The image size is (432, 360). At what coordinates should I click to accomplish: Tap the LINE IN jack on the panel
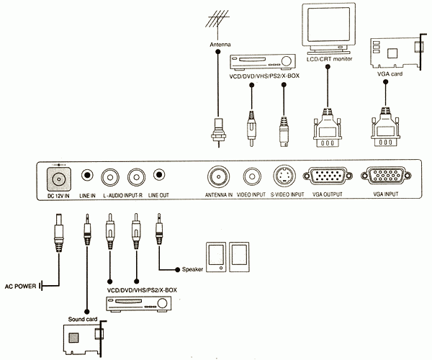(x=87, y=175)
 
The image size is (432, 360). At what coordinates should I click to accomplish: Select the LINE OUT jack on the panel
(x=158, y=175)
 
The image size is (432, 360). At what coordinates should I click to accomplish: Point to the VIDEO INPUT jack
(x=252, y=176)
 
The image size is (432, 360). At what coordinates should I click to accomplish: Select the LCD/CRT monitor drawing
(x=328, y=27)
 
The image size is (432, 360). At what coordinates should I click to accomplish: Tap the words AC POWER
(x=19, y=284)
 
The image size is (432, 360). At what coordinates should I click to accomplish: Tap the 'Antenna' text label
(x=220, y=45)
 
